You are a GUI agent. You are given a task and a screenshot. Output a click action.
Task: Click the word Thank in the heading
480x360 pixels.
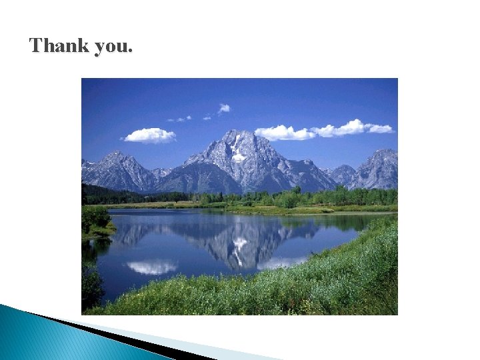[x=58, y=45]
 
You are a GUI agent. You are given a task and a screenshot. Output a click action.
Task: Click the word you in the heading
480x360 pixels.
[x=113, y=47]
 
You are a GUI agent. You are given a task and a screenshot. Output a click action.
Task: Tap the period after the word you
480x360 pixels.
[x=131, y=51]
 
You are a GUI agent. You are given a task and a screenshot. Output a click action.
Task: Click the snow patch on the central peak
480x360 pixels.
[x=238, y=157]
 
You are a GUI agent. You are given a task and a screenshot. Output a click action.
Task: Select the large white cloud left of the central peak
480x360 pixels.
[x=149, y=135]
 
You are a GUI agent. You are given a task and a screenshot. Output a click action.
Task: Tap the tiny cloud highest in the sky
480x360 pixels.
[x=224, y=108]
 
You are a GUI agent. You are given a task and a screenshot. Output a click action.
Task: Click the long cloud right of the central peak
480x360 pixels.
[x=324, y=131]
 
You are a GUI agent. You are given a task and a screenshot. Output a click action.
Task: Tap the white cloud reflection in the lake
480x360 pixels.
[x=152, y=267]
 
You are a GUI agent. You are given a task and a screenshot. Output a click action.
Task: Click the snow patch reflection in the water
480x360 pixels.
[x=239, y=244]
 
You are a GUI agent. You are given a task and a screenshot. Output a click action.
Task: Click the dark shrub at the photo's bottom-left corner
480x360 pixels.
[x=91, y=287]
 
